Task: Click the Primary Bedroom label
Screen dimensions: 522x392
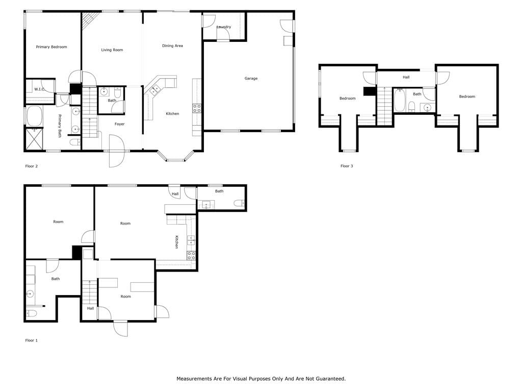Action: (51, 47)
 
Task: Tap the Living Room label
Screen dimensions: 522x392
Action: (112, 50)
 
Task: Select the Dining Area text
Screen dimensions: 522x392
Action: (172, 45)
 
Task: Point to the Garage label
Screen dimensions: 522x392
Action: (251, 78)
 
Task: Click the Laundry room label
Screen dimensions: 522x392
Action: (224, 27)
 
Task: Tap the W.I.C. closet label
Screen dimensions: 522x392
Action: (39, 89)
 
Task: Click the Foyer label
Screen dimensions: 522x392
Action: (119, 124)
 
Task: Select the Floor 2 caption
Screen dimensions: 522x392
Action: (31, 166)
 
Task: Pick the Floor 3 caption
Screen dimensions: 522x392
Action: (347, 166)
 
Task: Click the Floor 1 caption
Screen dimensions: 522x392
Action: (31, 340)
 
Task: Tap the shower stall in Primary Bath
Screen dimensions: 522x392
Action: (34, 139)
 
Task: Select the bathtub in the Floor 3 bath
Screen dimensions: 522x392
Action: (400, 101)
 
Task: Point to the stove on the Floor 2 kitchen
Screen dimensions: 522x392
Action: (197, 108)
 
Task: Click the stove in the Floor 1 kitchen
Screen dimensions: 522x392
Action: (191, 256)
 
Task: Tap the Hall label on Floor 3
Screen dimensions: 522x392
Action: (406, 77)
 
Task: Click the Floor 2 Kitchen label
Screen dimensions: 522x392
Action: (172, 114)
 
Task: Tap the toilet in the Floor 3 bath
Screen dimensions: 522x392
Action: (412, 106)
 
